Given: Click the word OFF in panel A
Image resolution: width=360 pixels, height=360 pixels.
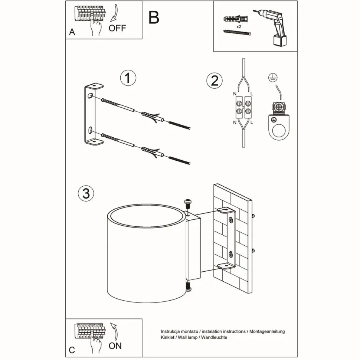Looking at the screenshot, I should [x=117, y=28].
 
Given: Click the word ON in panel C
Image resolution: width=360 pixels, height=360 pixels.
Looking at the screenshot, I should [x=115, y=346].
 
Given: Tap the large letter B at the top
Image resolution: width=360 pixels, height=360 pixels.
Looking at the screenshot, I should [x=154, y=17].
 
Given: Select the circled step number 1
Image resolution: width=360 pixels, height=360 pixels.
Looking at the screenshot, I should [x=128, y=78].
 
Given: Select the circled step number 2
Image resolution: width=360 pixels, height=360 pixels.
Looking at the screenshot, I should [x=215, y=81].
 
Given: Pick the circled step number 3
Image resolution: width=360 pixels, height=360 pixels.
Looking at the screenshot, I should [x=86, y=193].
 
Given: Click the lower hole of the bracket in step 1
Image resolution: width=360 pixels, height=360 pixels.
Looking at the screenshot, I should [x=90, y=130].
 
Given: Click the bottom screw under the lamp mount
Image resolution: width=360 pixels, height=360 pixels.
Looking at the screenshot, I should [x=188, y=287].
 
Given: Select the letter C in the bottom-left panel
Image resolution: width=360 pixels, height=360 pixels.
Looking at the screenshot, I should [x=72, y=350].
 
